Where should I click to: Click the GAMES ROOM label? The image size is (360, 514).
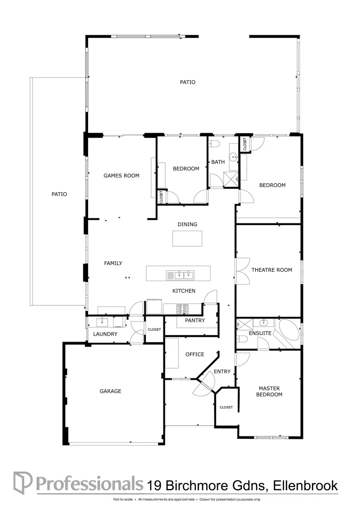tap(121, 176)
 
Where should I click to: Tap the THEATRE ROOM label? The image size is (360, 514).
tap(271, 270)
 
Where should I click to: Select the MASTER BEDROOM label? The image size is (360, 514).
tap(269, 391)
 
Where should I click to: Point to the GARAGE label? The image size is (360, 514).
tap(110, 391)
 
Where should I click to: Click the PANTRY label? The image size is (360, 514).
tap(195, 320)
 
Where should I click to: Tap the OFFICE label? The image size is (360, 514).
tap(195, 354)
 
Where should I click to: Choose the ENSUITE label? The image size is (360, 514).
tap(260, 333)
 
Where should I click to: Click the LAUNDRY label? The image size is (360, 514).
tap(105, 334)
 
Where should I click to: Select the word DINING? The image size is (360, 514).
tap(187, 224)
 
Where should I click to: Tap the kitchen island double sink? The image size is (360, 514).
tap(180, 275)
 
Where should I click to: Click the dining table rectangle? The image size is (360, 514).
tap(187, 238)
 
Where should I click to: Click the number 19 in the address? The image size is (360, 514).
tap(154, 485)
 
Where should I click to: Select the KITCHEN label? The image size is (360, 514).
tap(184, 291)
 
